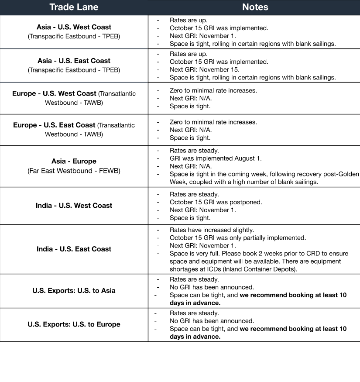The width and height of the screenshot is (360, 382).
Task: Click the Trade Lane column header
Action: point(74,7)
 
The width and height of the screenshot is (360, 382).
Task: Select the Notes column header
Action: point(255,7)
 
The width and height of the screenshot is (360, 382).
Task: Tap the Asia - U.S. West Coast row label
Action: point(74,27)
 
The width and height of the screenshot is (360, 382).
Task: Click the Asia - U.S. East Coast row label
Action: point(74,61)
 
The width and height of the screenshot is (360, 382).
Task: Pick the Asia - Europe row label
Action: point(74,161)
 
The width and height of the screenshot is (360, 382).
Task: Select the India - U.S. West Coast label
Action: point(74,205)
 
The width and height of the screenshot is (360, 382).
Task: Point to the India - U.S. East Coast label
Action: point(74,249)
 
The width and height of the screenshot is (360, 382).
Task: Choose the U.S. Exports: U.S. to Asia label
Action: point(74,290)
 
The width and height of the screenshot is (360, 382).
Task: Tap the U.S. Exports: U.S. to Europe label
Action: point(74,324)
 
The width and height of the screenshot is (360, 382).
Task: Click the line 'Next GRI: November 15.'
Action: point(204,69)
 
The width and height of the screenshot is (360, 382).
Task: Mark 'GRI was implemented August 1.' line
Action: point(216,158)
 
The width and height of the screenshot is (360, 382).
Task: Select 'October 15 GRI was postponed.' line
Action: point(216,202)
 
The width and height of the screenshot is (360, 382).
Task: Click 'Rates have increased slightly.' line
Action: point(212,230)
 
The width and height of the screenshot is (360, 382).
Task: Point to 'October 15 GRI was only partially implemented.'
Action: point(238,237)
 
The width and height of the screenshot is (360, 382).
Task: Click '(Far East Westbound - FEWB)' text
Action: point(74,171)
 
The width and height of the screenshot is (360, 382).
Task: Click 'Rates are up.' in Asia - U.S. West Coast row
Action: point(189,20)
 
